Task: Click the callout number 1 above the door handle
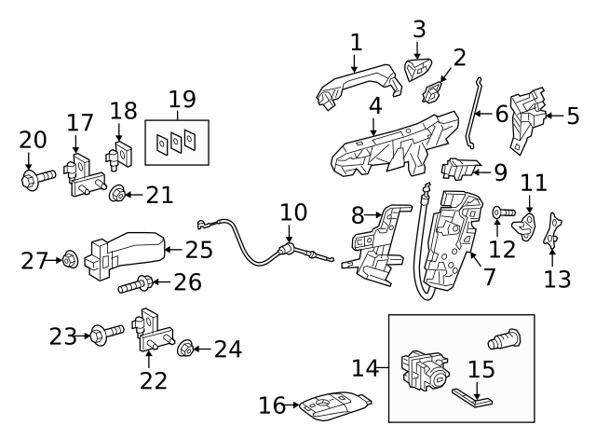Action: (x=356, y=42)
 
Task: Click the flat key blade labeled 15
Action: (x=475, y=397)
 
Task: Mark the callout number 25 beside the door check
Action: (x=198, y=250)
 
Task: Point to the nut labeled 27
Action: (x=69, y=260)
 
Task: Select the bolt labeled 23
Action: (x=104, y=333)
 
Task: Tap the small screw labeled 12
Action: (x=498, y=213)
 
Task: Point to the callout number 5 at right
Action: (x=573, y=117)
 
